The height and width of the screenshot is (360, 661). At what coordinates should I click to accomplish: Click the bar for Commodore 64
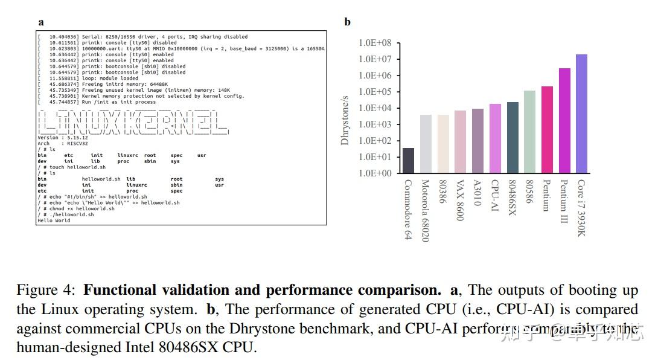408,161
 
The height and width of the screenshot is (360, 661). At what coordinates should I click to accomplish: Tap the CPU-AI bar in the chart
495,138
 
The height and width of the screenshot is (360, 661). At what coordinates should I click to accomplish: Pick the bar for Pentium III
564,120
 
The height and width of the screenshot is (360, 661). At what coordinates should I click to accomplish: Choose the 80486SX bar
513,137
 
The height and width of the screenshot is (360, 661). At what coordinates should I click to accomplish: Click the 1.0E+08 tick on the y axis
375,43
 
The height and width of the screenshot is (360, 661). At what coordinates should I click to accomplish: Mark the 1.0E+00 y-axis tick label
375,173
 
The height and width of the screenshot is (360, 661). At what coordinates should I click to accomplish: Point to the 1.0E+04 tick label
375,108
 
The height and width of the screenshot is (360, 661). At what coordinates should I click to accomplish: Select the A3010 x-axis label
477,193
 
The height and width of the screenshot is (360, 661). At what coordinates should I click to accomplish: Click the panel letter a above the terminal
41,22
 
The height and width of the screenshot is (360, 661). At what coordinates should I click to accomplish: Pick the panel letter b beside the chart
347,22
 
